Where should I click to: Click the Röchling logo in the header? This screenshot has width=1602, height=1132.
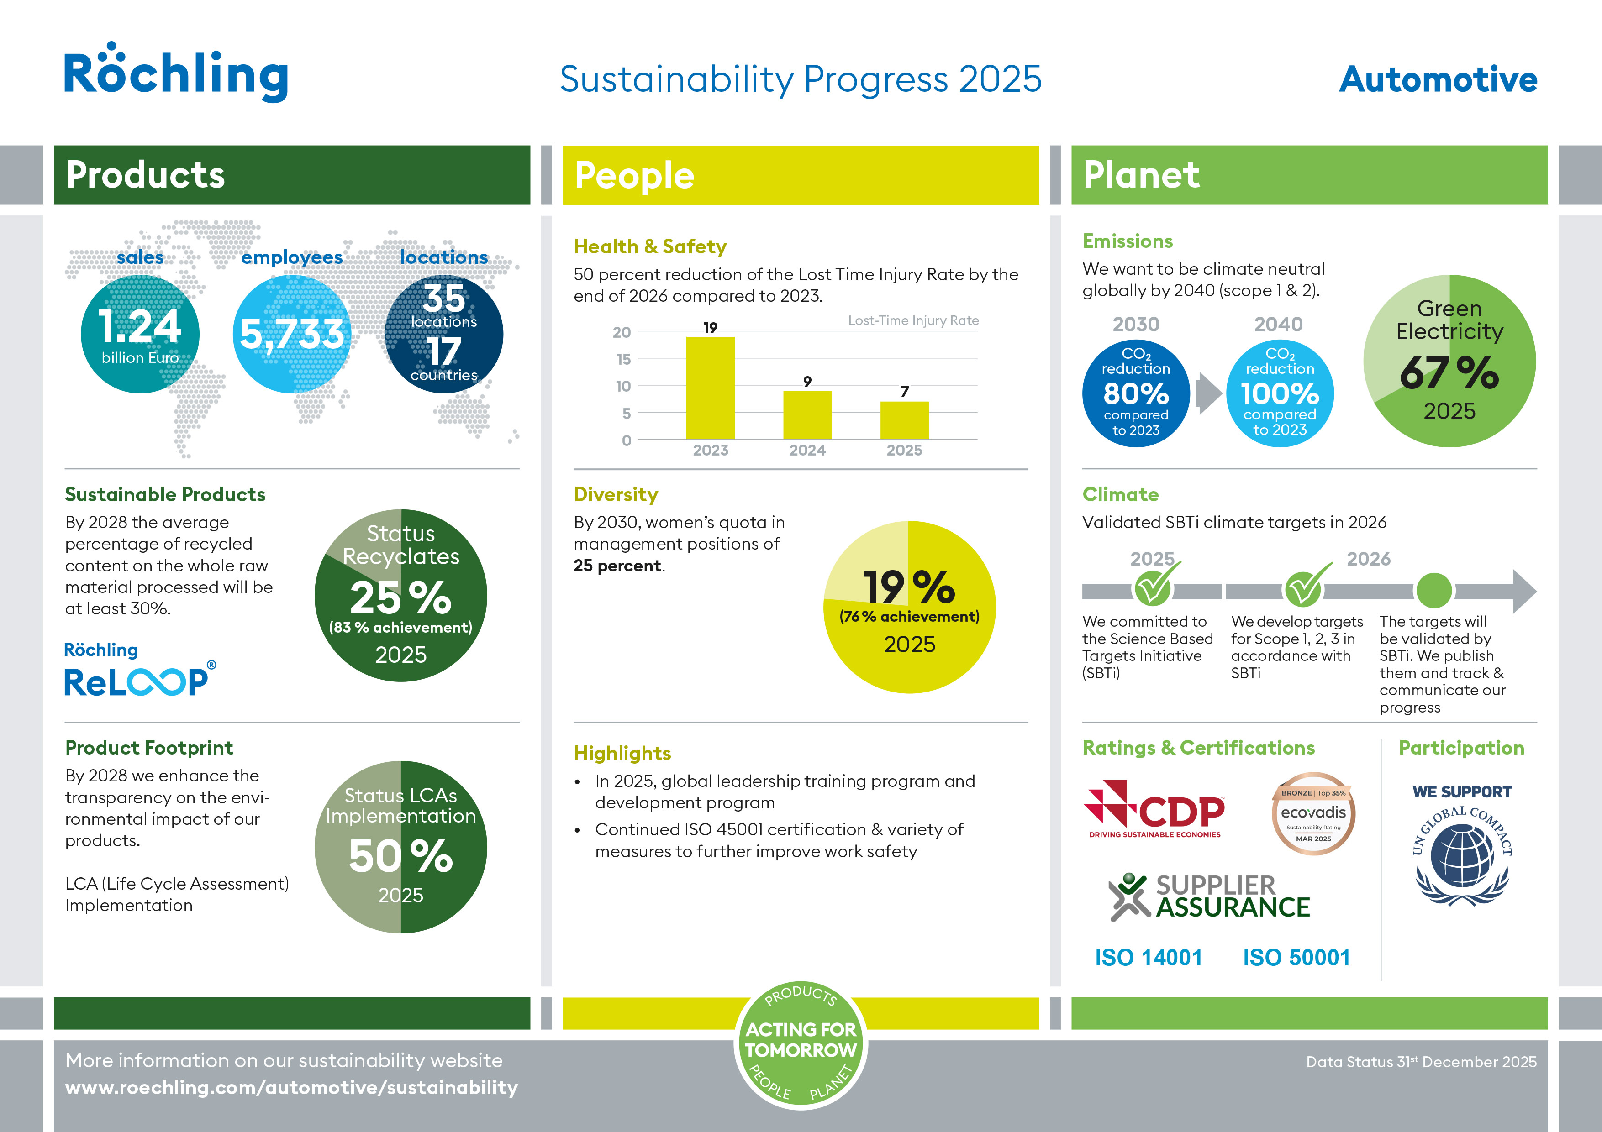pyautogui.click(x=176, y=73)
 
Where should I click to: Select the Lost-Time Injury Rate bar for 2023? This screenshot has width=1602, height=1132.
pyautogui.click(x=710, y=388)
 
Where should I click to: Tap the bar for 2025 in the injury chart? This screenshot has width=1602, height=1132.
pyautogui.click(x=904, y=420)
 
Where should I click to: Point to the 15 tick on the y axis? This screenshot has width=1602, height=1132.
pyautogui.click(x=623, y=359)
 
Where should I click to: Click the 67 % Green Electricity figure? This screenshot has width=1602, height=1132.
pyautogui.click(x=1449, y=372)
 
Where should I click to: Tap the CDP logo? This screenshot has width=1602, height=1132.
pyautogui.click(x=1155, y=809)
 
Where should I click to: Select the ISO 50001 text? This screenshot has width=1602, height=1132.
pyautogui.click(x=1296, y=958)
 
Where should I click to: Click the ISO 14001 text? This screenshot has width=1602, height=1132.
pyautogui.click(x=1149, y=958)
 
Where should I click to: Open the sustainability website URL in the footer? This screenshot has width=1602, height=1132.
pyautogui.click(x=292, y=1087)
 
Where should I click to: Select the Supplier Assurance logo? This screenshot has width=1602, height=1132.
pyautogui.click(x=1210, y=897)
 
